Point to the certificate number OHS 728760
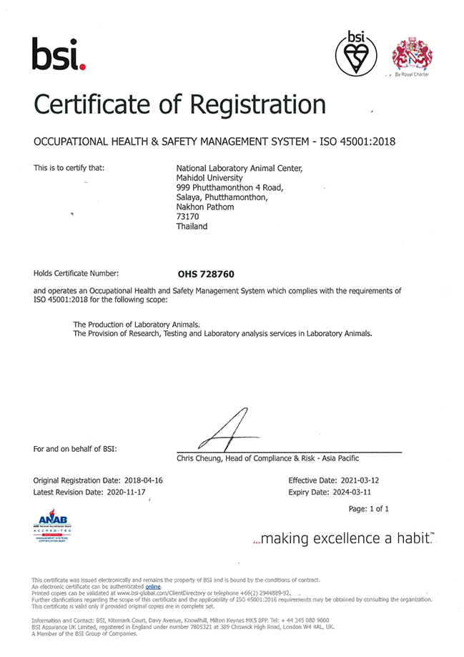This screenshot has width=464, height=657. coord(206,273)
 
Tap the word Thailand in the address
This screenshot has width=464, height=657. coord(192,227)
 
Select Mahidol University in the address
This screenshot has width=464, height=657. coord(209,178)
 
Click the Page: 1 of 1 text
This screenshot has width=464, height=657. coord(368,509)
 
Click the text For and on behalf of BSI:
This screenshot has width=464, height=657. coord(75,449)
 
